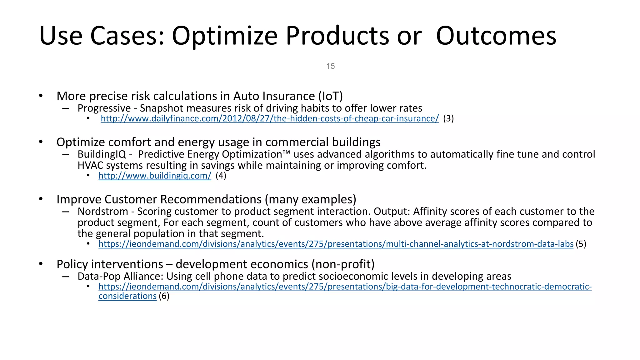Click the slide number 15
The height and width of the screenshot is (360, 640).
coord(330,66)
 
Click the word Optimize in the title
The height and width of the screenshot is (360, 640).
coord(224,36)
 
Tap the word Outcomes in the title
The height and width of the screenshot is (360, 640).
coord(496,36)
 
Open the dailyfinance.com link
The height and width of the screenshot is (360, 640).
coord(269,119)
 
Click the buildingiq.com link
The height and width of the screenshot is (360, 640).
coord(155,176)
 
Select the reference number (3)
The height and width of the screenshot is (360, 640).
coord(448,119)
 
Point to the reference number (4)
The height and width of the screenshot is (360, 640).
coord(221,176)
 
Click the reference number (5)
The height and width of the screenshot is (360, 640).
coord(581,244)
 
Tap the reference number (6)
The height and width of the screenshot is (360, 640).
coord(164,296)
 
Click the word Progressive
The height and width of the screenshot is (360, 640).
coord(104,108)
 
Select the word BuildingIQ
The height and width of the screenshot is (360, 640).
coord(102,154)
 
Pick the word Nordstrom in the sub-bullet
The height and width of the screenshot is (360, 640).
coord(103,212)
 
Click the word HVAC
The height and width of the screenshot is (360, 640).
coord(90,165)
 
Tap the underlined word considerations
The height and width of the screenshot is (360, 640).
coord(127,296)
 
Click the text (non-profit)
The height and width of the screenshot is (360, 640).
coord(343,264)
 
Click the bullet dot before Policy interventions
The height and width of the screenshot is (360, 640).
coord(41,264)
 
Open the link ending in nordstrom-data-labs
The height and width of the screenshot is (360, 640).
coord(336,244)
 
